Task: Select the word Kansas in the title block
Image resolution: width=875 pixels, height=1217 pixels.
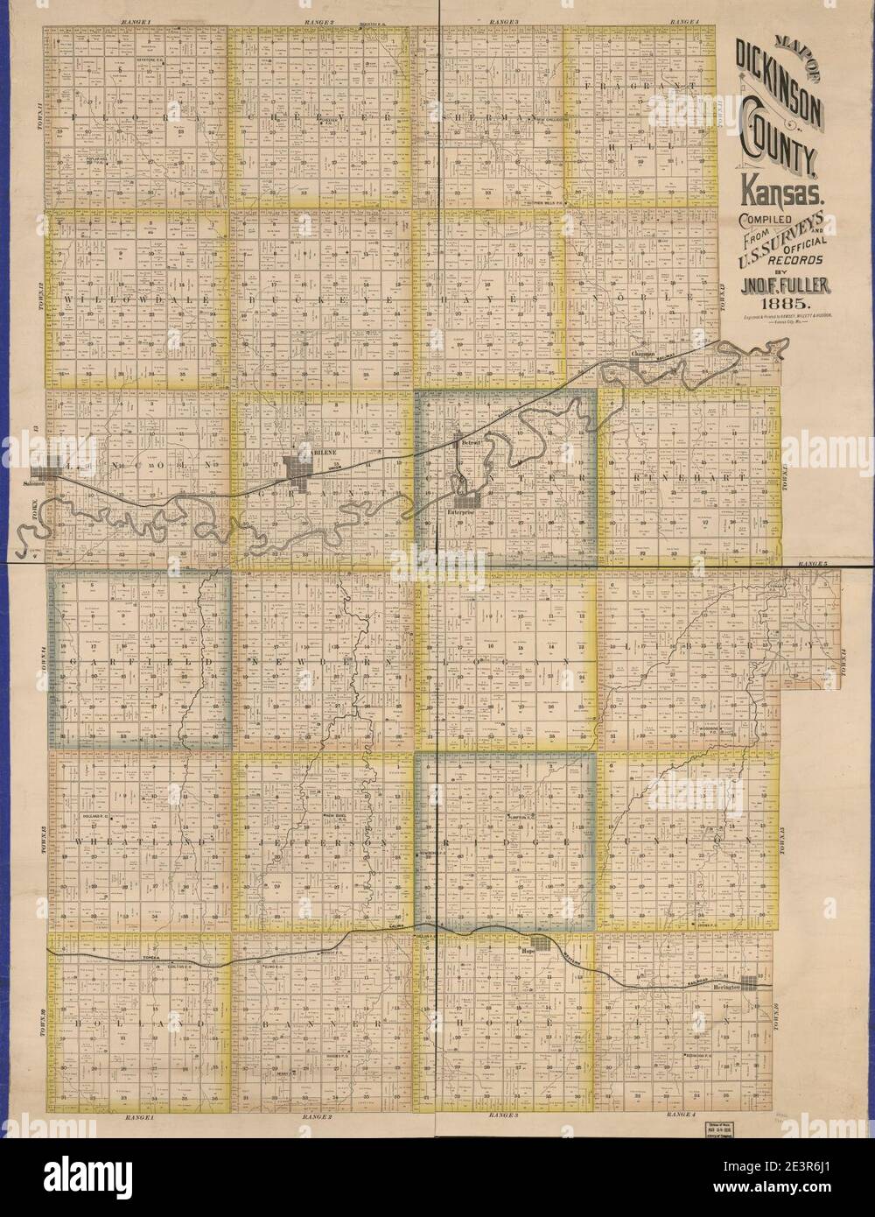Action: pos(777,186)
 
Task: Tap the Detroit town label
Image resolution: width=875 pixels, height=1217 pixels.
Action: pos(472,445)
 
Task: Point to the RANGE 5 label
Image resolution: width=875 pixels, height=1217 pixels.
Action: pos(807,566)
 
